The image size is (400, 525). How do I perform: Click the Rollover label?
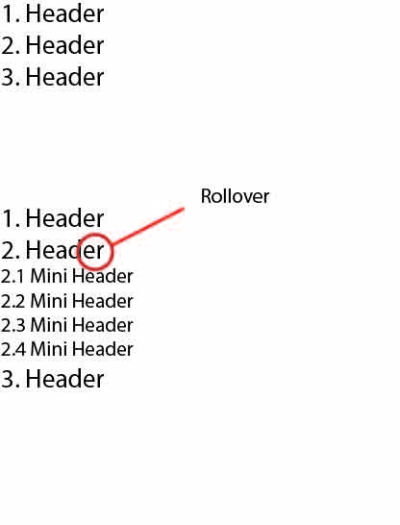235,196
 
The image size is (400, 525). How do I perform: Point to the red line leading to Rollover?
147,226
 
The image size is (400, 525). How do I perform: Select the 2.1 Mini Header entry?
67,276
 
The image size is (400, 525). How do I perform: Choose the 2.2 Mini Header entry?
67,301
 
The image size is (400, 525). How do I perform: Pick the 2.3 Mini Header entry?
67,325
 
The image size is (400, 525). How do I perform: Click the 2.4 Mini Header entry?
67,349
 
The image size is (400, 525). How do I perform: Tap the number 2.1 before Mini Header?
12,277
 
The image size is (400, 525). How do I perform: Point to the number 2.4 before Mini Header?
13,349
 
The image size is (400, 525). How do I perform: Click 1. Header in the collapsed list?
53,13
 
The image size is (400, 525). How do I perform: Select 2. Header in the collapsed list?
53,45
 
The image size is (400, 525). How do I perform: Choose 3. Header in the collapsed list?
53,77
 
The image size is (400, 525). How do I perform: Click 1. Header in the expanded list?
53,218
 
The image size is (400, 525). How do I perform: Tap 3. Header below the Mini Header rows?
53,379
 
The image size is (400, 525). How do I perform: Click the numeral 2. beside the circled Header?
11,250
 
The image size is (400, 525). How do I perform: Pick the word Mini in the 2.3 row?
49,325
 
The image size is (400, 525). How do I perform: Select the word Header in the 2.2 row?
103,301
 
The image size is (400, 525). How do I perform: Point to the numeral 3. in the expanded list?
11,379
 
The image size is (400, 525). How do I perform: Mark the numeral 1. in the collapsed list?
11,14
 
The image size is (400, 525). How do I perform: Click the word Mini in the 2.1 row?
49,276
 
